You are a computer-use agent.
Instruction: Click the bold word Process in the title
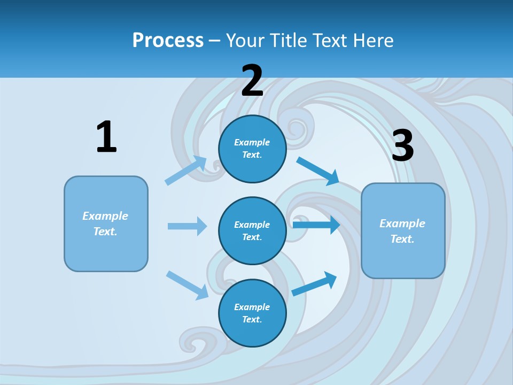[x=168, y=41]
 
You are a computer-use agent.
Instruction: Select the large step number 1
[x=106, y=137]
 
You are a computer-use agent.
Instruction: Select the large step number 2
[x=252, y=81]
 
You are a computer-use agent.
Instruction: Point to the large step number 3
[x=402, y=146]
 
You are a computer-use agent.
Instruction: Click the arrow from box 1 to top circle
[x=185, y=171]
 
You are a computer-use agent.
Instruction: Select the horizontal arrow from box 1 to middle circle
[x=187, y=226]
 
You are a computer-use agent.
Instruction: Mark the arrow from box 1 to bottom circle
[x=187, y=285]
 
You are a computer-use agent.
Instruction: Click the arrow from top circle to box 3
[x=318, y=171]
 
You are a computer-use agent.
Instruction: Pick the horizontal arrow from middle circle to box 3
[x=316, y=225]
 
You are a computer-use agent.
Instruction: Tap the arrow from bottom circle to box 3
[x=314, y=284]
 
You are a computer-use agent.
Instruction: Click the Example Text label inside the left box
[x=105, y=224]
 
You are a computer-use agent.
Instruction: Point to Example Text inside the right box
[x=402, y=231]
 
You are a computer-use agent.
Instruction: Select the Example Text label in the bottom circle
[x=252, y=313]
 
